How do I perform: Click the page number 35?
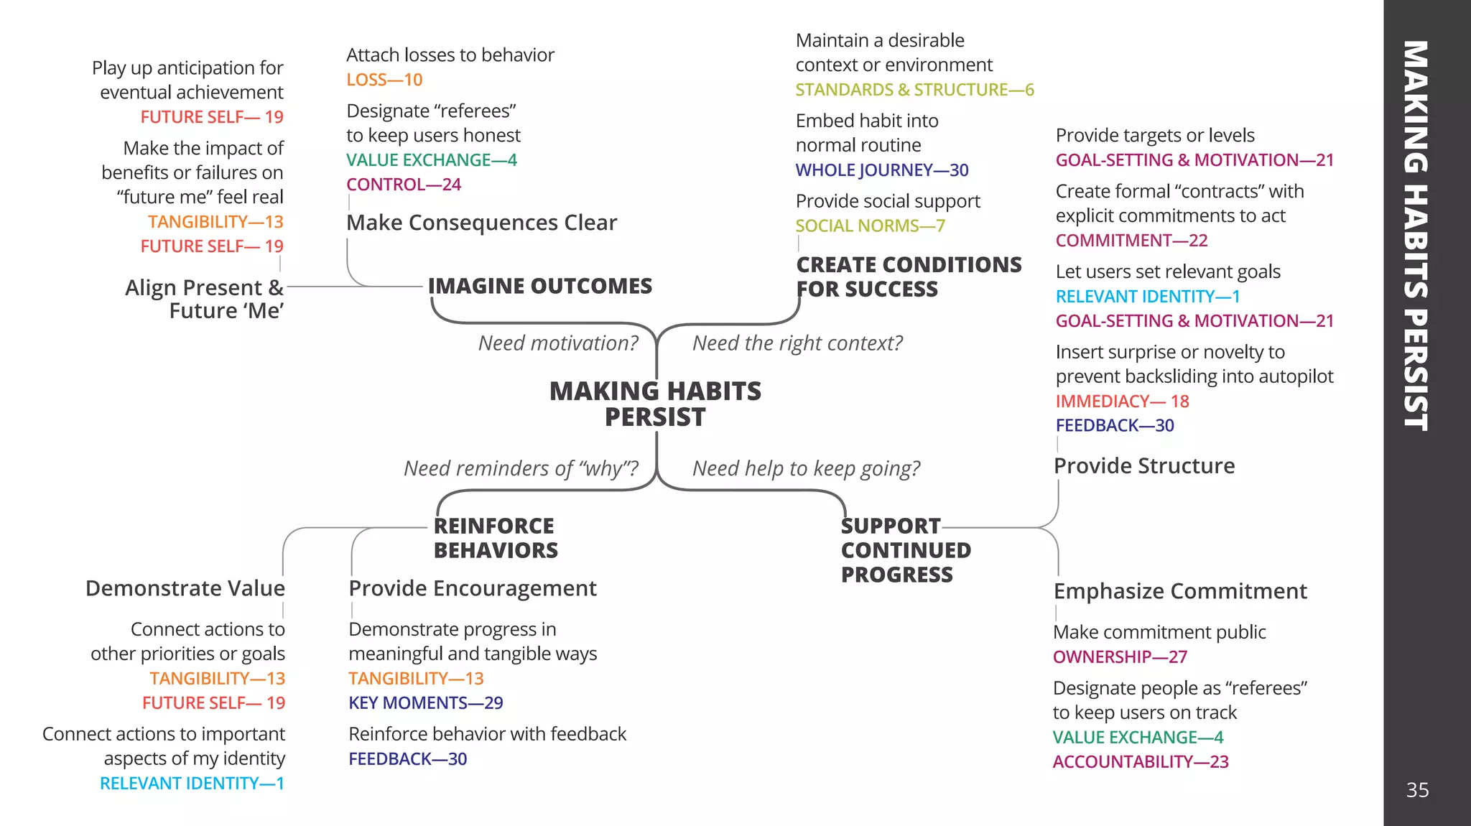pos(1417,790)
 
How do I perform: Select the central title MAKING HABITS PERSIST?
pos(655,404)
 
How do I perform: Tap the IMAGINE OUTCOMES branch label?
pos(540,286)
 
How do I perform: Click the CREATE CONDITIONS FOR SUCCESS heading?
pos(908,277)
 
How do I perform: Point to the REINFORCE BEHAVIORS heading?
pos(495,538)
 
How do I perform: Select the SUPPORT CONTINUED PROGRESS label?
pos(905,550)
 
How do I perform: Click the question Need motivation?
pos(558,343)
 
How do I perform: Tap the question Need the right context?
pos(797,343)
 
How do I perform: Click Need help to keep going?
pos(806,468)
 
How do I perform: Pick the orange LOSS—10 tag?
pos(384,80)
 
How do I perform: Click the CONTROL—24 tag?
pos(404,185)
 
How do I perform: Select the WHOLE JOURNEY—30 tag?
pos(882,170)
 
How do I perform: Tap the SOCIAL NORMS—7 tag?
pos(870,226)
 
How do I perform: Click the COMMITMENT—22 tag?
pos(1131,241)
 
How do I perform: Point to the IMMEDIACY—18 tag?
pos(1122,402)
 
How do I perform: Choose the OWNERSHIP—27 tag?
pos(1120,657)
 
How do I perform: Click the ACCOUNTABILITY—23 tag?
pos(1141,762)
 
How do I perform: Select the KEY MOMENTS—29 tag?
pos(425,703)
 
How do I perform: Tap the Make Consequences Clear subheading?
pos(481,223)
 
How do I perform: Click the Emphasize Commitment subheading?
pos(1180,591)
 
